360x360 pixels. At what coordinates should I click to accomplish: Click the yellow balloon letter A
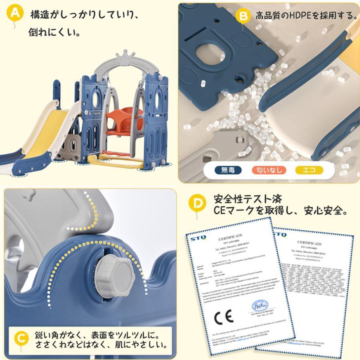[x=15, y=13]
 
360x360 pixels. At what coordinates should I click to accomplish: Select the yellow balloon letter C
[x=21, y=338]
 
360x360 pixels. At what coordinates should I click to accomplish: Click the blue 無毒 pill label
[x=228, y=170]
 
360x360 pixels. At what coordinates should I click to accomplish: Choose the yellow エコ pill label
[x=309, y=170]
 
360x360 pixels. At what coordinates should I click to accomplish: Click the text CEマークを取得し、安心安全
[x=280, y=210]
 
